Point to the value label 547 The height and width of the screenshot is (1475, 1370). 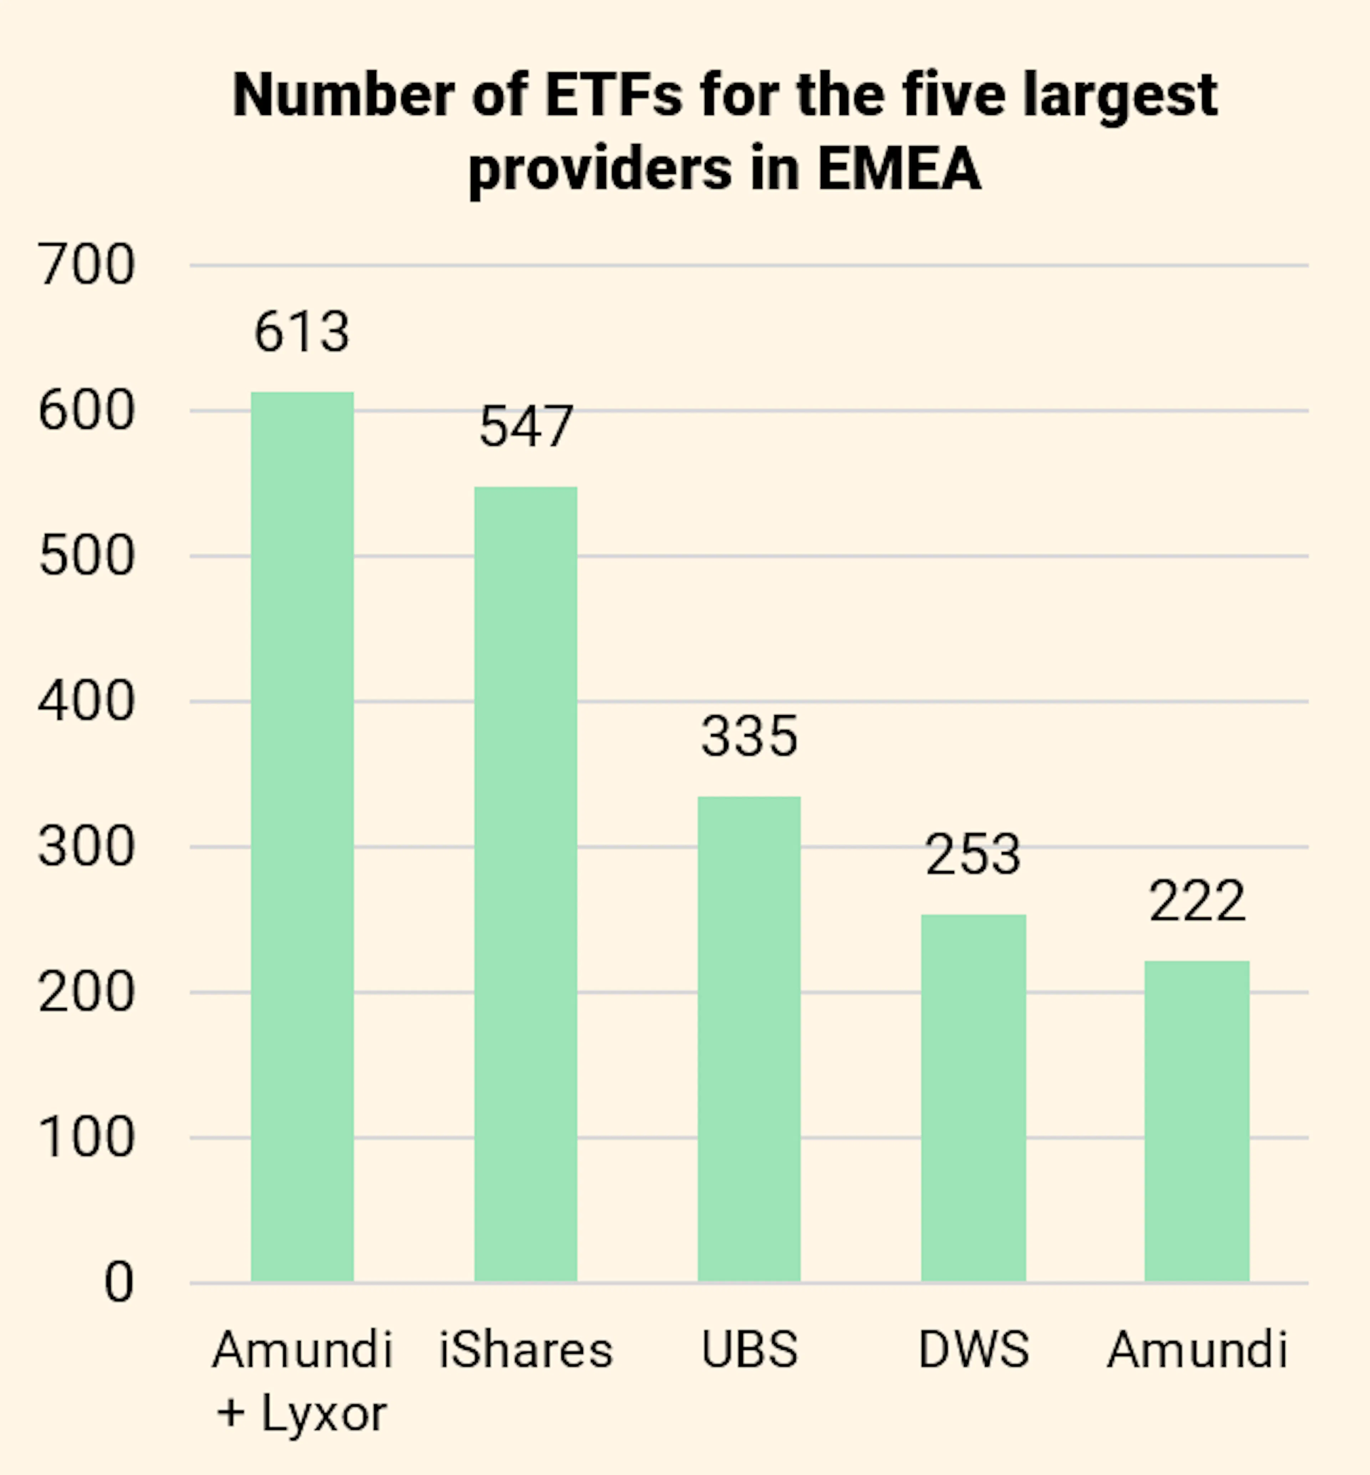(526, 427)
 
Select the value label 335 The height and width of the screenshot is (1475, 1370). (750, 737)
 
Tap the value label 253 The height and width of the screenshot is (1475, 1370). (973, 855)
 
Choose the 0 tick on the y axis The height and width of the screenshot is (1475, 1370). (118, 1282)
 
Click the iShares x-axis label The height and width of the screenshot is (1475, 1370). (526, 1349)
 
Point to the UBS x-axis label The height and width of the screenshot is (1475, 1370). (750, 1349)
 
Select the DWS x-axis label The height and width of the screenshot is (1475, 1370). (973, 1349)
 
